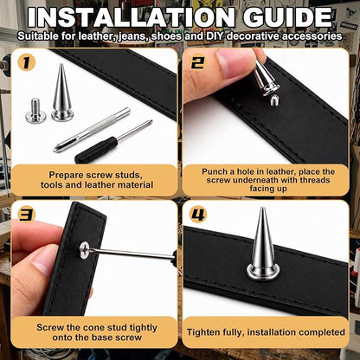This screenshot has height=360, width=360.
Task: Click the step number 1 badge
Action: [26, 62]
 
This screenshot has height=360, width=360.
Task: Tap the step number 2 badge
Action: [197, 62]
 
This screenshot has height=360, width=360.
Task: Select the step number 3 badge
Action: [26, 215]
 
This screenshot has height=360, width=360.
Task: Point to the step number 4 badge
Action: [198, 215]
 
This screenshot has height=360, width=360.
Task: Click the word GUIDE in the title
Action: [287, 17]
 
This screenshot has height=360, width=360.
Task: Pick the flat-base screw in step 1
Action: [35, 110]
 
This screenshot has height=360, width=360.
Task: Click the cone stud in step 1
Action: [62, 93]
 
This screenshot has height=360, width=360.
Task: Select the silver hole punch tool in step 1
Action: [92, 130]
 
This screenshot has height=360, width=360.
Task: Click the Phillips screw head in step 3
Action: [85, 249]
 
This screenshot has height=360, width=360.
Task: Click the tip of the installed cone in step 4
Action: [262, 208]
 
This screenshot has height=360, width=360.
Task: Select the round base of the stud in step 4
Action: [263, 273]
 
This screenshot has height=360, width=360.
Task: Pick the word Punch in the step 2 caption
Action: [215, 171]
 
